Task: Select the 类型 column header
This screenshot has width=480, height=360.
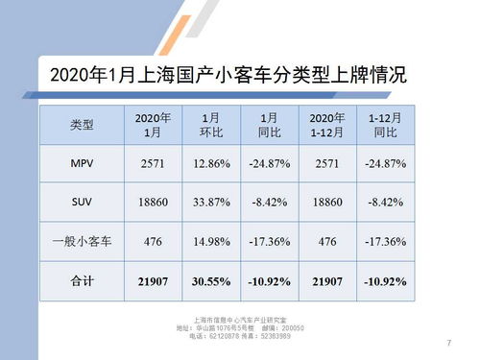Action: pos(83,126)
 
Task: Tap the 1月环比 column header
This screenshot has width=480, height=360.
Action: pos(210,126)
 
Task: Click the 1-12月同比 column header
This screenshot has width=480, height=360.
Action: pos(385,126)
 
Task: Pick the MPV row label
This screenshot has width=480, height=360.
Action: pos(83,164)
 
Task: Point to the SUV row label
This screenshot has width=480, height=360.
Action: pos(83,204)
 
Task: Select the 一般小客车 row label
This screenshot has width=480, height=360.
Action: pos(83,243)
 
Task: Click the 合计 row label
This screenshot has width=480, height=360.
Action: pos(83,282)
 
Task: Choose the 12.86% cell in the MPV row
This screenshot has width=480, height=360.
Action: pos(211,164)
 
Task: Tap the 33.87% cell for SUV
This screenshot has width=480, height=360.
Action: pos(211,204)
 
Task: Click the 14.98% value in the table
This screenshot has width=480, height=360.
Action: pos(211,243)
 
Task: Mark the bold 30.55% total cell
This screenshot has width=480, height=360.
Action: pos(211,282)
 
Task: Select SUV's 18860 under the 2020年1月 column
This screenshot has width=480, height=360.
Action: pos(153,204)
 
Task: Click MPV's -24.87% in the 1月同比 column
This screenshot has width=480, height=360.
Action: pos(269,164)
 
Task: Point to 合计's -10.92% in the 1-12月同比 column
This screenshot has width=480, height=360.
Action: pos(385,282)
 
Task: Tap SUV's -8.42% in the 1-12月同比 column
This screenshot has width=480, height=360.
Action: pos(385,204)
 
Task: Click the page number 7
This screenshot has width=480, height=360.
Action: pos(448,344)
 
